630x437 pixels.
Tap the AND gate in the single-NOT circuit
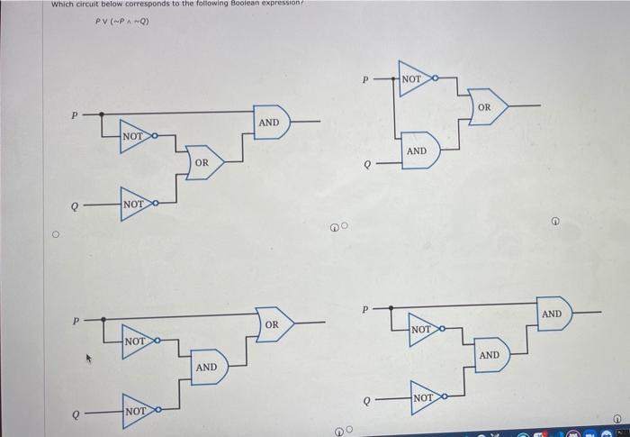click(x=418, y=150)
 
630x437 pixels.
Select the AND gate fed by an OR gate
click(x=270, y=122)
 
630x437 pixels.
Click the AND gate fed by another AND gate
click(x=553, y=313)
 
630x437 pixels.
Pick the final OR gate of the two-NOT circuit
click(x=274, y=323)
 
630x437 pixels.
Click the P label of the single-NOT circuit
click(x=365, y=79)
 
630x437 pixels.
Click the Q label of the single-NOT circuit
click(x=365, y=165)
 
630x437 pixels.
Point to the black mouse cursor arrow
click(x=87, y=359)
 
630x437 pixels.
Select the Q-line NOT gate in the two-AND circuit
click(x=424, y=397)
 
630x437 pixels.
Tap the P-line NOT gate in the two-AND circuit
click(x=422, y=331)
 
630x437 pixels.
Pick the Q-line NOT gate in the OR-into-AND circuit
click(x=134, y=205)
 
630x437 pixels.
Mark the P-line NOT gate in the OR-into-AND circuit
click(x=134, y=136)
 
